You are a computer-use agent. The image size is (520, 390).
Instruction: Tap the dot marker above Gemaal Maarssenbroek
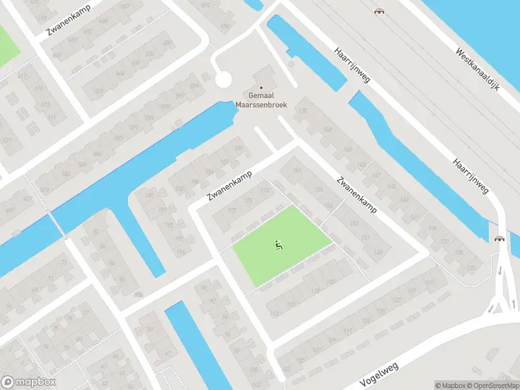(262, 88)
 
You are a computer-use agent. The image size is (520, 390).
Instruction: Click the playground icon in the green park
(278, 244)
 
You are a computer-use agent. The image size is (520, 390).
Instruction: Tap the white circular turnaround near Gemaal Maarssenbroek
(223, 80)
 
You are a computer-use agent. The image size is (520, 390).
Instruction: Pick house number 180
(238, 148)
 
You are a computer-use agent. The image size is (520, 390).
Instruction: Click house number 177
(232, 211)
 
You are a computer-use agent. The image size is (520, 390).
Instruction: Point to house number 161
(298, 171)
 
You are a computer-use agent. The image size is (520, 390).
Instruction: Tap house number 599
(194, 85)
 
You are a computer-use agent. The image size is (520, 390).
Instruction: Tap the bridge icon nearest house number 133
(499, 239)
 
